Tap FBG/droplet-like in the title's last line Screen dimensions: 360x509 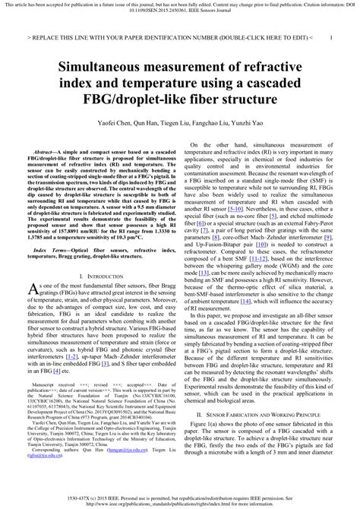pos(148,99)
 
